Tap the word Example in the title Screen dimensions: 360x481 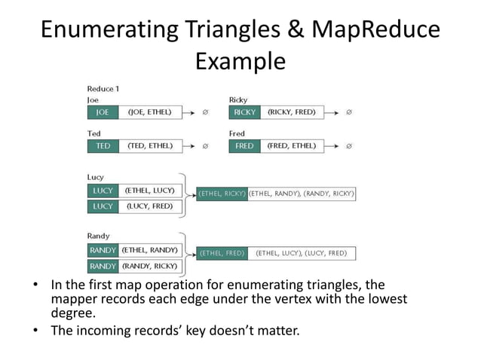pyautogui.click(x=240, y=61)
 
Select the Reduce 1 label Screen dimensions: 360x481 pyautogui.click(x=103, y=89)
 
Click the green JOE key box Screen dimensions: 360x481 pyautogui.click(x=103, y=112)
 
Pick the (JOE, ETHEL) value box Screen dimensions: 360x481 pyautogui.click(x=150, y=112)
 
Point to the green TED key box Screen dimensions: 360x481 pyautogui.click(x=103, y=145)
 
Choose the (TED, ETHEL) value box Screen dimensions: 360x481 pyautogui.click(x=150, y=145)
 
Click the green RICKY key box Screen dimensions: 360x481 pyautogui.click(x=244, y=112)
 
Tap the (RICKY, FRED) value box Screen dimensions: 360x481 pyautogui.click(x=291, y=112)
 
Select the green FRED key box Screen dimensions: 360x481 pyautogui.click(x=244, y=145)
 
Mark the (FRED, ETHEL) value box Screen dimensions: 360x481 pyautogui.click(x=291, y=145)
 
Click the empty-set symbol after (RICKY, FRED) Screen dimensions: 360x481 pyautogui.click(x=348, y=112)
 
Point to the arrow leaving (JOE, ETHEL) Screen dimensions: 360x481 pyautogui.click(x=191, y=112)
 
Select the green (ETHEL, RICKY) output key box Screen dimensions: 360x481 pyautogui.click(x=222, y=194)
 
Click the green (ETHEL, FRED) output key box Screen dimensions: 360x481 pyautogui.click(x=222, y=253)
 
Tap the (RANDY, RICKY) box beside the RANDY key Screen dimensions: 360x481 pyautogui.click(x=150, y=266)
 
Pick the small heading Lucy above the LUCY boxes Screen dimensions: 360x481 pyautogui.click(x=96, y=177)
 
